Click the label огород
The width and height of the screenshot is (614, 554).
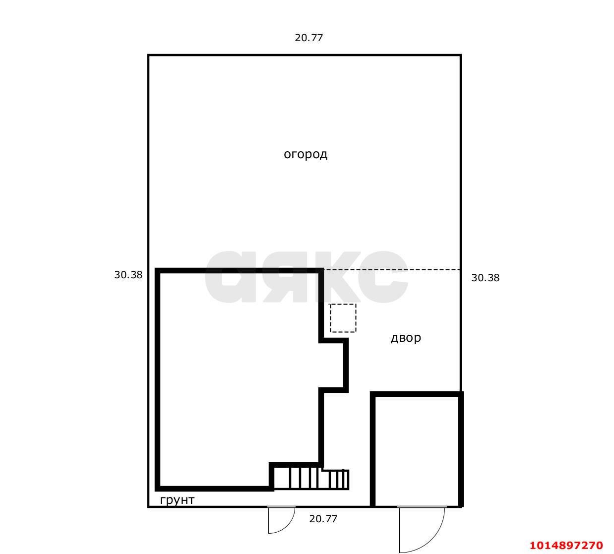tap(305, 154)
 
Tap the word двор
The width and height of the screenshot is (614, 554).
tap(406, 338)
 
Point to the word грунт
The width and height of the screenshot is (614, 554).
tap(177, 500)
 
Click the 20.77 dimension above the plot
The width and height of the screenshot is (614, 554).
tap(308, 38)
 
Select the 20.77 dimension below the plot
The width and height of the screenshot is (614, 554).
tap(323, 519)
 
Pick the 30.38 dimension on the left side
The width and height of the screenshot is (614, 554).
tap(128, 275)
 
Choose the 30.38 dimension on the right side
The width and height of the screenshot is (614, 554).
tap(485, 278)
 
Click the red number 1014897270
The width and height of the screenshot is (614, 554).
tap(566, 545)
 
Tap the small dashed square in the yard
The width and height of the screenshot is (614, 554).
tap(343, 318)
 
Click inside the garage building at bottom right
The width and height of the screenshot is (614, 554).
tap(417, 450)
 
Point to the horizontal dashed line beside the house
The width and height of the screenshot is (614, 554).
tap(392, 270)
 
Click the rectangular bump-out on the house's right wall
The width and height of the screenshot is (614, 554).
tap(334, 366)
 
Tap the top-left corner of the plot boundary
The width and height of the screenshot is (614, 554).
tap(148, 56)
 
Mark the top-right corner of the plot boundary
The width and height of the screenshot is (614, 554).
tap(461, 56)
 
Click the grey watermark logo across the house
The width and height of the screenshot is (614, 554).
tap(306, 277)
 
